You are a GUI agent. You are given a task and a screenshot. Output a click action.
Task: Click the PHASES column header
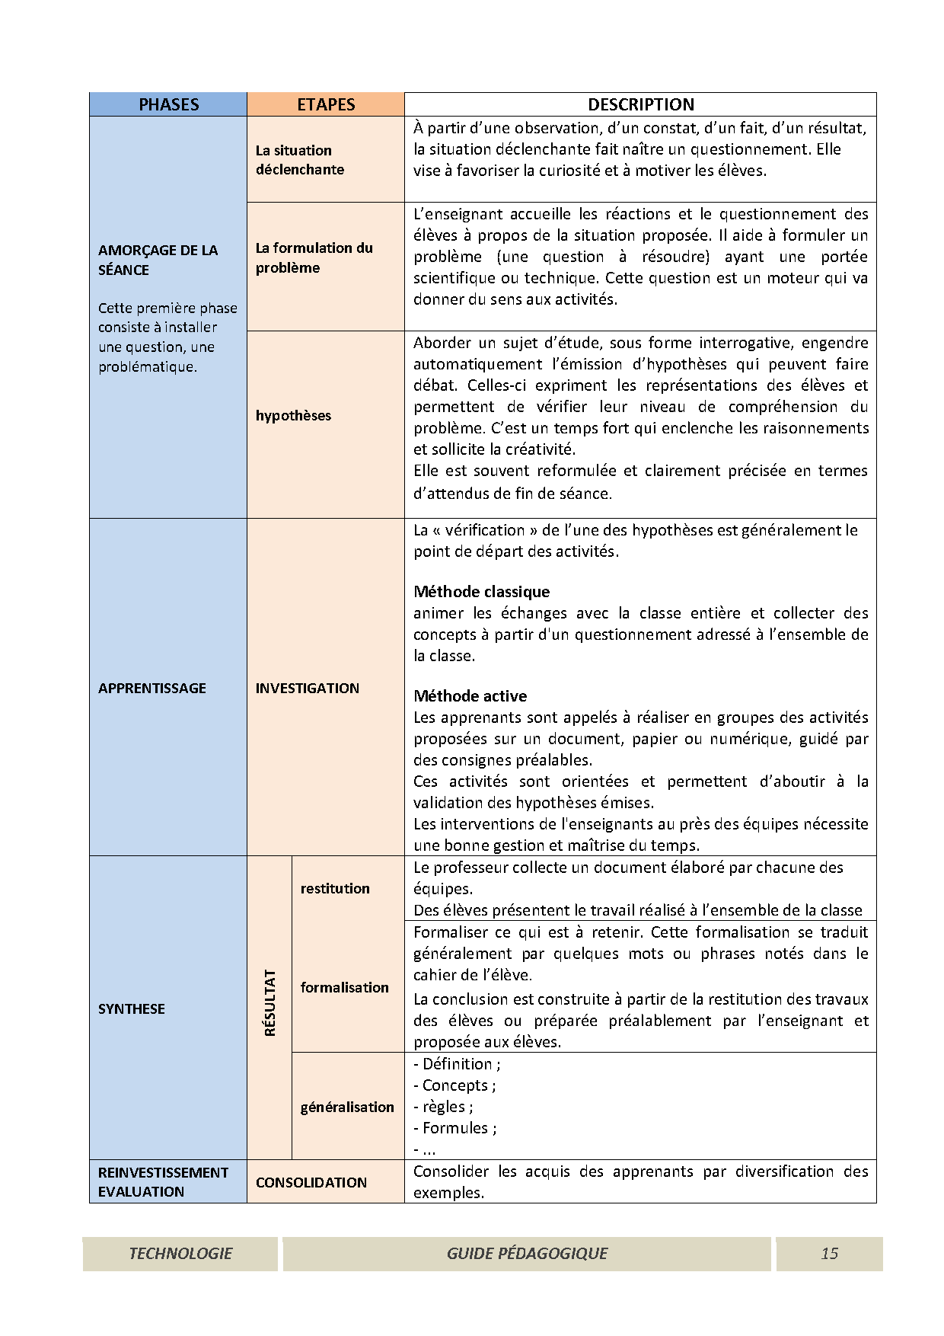(x=168, y=104)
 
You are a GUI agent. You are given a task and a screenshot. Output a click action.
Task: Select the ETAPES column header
(x=326, y=104)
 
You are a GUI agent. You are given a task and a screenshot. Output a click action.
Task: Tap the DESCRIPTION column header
(x=640, y=104)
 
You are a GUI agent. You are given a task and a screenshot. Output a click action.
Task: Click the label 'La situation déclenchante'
(x=299, y=160)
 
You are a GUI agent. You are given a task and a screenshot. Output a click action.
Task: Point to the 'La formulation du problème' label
(x=314, y=257)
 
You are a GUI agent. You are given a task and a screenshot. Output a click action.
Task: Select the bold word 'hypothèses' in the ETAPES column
(x=293, y=415)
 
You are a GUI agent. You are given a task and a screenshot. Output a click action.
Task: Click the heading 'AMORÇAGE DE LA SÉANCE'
(x=158, y=260)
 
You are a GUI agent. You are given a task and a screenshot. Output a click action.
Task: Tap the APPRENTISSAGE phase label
(x=151, y=688)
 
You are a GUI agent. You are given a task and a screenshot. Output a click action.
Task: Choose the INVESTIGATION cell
(x=307, y=688)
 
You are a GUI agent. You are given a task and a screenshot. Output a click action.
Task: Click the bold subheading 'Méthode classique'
(x=481, y=592)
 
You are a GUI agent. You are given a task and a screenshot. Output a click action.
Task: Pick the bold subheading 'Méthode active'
(x=470, y=695)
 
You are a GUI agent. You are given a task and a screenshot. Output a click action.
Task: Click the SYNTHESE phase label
(x=131, y=1008)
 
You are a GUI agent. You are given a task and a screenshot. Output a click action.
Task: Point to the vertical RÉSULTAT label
(x=269, y=1002)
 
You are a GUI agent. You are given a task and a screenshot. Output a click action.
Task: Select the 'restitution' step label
(x=335, y=888)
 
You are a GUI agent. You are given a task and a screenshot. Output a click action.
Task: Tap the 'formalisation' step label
(x=344, y=987)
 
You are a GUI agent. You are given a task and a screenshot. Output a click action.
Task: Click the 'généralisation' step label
(x=347, y=1107)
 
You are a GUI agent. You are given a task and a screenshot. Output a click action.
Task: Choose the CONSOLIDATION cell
(x=311, y=1182)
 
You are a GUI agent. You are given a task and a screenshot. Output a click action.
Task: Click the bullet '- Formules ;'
(x=454, y=1128)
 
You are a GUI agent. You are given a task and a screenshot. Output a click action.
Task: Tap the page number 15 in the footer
(x=829, y=1253)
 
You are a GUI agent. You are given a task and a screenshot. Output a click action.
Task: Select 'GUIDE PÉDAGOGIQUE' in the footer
(x=527, y=1253)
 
